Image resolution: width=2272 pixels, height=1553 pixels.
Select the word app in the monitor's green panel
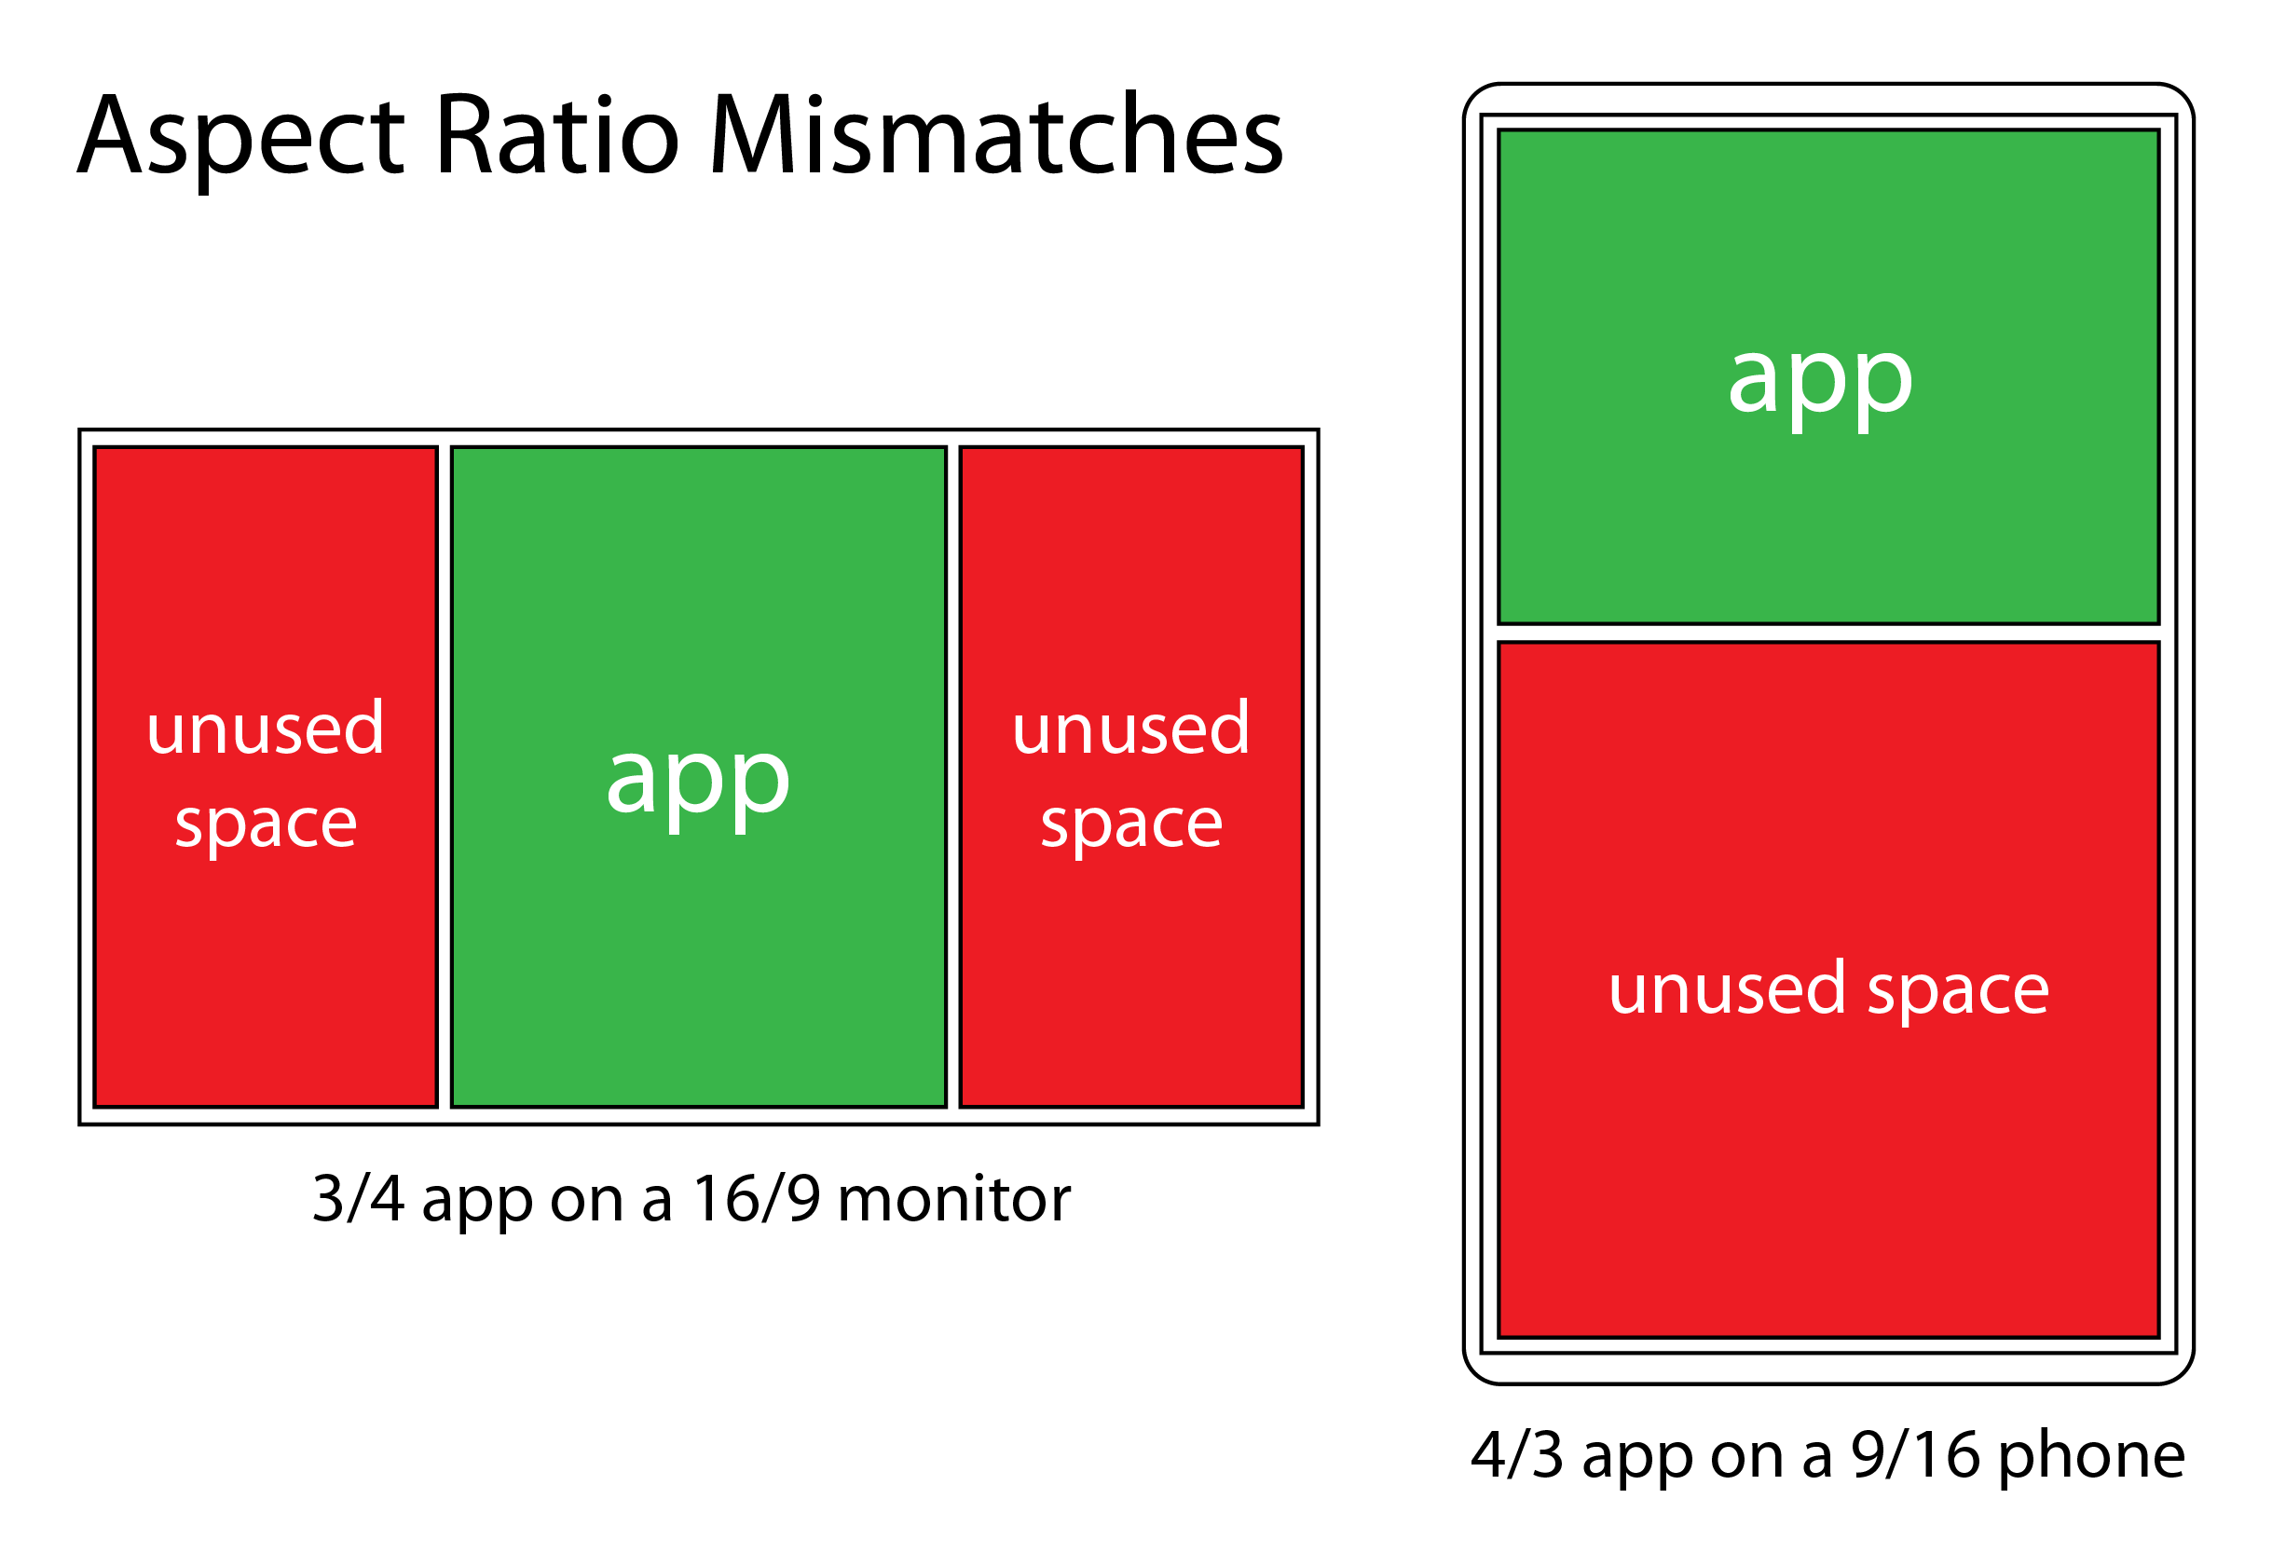[697, 782]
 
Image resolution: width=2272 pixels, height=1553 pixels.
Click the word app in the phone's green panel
[1819, 382]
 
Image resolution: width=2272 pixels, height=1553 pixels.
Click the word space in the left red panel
[265, 824]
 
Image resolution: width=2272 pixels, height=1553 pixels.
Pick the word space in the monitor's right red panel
[1130, 824]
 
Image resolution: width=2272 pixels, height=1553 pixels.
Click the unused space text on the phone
[1828, 989]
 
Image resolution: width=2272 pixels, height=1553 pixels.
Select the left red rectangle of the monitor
[265, 977]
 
